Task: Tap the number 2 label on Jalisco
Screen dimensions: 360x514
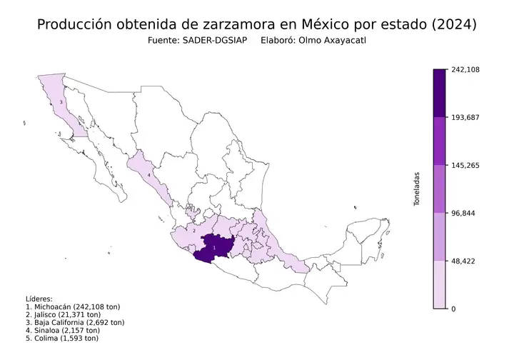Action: (x=194, y=231)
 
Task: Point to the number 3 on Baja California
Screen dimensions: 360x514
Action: (x=62, y=103)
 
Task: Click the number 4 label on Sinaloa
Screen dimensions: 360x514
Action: (x=148, y=174)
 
